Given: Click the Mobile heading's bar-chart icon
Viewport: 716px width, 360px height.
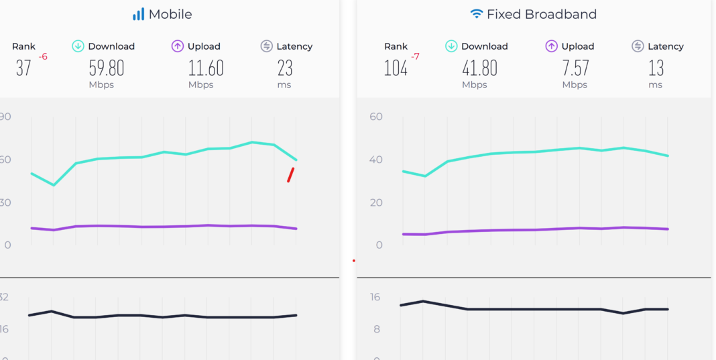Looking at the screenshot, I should (139, 14).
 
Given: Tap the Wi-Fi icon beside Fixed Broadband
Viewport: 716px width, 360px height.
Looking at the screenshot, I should (477, 14).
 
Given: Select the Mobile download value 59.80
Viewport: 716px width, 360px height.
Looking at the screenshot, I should (107, 68).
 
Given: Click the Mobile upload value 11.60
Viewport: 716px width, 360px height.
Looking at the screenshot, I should (206, 68).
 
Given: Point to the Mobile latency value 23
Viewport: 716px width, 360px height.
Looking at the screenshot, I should (285, 68).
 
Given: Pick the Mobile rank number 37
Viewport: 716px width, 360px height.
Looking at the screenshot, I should (23, 68).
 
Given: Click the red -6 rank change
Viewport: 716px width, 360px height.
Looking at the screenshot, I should (43, 57).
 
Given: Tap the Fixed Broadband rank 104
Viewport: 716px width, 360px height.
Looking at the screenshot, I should (396, 68).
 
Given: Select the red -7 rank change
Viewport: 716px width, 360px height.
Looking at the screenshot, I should (415, 57).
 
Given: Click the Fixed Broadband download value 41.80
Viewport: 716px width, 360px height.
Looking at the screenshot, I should (479, 68).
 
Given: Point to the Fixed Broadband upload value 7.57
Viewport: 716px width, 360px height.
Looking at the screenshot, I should (576, 68).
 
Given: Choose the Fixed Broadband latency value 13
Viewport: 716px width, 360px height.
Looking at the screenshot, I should (656, 68).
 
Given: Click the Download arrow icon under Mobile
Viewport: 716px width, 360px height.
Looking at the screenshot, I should (78, 46).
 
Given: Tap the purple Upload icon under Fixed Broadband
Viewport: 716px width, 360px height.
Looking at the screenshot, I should (551, 46).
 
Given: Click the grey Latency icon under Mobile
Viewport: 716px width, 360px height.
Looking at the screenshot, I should (266, 46).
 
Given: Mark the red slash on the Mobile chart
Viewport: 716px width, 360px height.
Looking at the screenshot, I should (291, 174).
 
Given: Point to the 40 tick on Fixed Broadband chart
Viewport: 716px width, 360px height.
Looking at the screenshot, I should (375, 160).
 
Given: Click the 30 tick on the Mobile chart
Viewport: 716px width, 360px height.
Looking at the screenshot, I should (5, 202).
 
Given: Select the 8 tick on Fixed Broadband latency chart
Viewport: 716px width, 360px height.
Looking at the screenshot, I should (377, 329).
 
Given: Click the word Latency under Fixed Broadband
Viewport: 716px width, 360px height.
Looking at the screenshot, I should (666, 46).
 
